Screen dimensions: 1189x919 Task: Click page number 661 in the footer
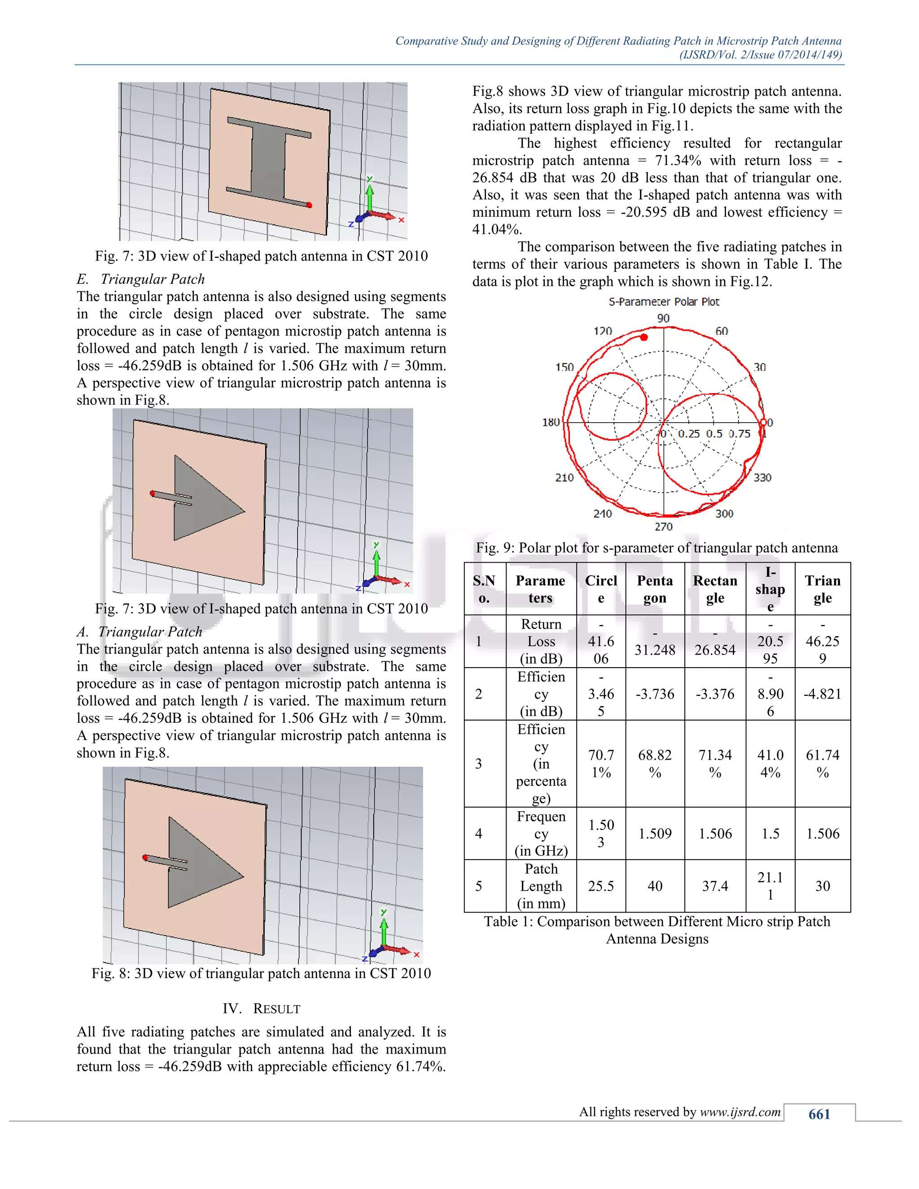tap(819, 1114)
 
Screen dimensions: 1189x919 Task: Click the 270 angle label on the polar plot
tap(663, 526)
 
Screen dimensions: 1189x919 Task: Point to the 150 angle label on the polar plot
tap(565, 367)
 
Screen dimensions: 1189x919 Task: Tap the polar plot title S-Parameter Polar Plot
tap(664, 302)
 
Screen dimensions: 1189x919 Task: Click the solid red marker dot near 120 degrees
tap(644, 337)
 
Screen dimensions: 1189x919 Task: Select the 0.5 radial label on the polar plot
tap(714, 434)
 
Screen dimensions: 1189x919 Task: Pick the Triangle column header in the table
tap(822, 589)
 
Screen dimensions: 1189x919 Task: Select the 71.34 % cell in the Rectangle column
tap(714, 763)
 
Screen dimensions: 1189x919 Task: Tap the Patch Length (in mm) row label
tap(541, 886)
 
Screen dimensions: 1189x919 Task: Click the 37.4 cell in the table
tap(714, 886)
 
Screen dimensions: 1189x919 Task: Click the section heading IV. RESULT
tap(261, 1009)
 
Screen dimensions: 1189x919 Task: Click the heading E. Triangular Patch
tap(141, 279)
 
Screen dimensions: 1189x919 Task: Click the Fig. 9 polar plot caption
tap(656, 548)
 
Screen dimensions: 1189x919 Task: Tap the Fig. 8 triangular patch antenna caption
tap(261, 974)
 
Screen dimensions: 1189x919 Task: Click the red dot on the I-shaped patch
tap(309, 205)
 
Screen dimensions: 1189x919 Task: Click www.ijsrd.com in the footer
tap(740, 1112)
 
